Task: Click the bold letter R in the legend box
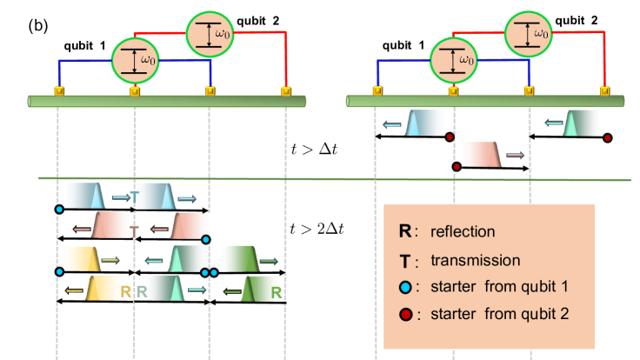point(404,232)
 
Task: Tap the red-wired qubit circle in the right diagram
point(528,34)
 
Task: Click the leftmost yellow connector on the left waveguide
point(58,90)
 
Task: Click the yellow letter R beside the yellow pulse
point(127,291)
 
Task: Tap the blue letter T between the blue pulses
point(133,196)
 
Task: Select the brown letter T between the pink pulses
point(134,230)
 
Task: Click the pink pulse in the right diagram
point(481,154)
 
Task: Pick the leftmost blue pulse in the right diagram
point(425,123)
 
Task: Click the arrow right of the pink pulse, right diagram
point(515,155)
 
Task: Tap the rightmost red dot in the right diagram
point(607,137)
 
